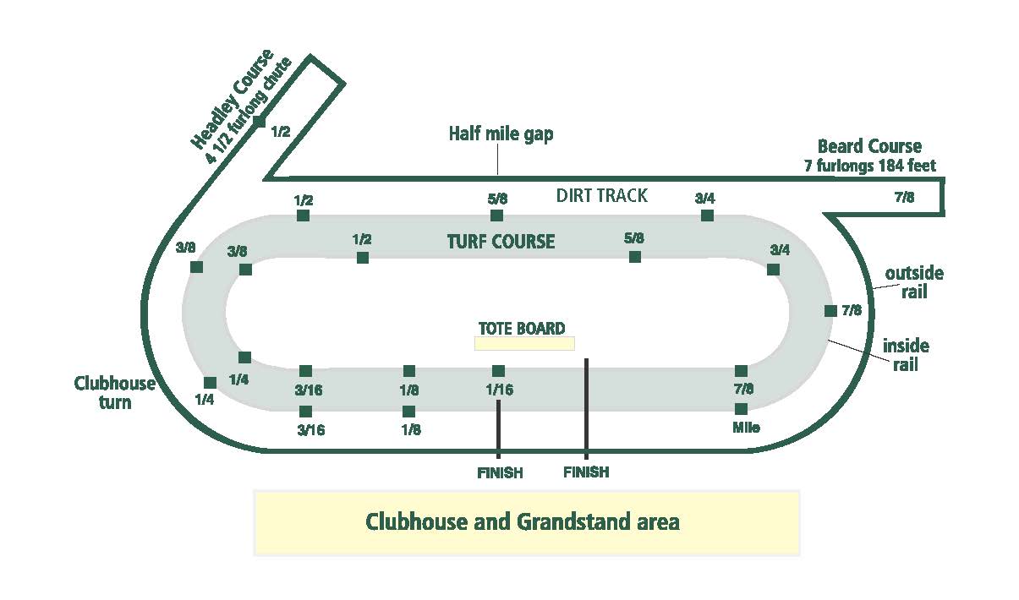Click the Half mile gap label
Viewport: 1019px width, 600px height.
[x=501, y=134]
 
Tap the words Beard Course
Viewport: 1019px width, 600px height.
[x=869, y=147]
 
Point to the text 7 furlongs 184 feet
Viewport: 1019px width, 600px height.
[x=869, y=166]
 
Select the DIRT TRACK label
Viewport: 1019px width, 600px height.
[x=601, y=196]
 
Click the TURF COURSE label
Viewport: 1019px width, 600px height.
[x=501, y=242]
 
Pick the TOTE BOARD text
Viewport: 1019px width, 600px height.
[x=522, y=329]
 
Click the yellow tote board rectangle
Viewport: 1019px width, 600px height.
[x=524, y=343]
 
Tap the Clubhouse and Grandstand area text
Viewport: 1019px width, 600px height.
[x=522, y=521]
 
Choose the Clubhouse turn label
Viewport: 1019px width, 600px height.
[x=115, y=393]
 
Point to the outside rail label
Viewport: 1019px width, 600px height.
[x=914, y=282]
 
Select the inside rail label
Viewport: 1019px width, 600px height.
[x=906, y=355]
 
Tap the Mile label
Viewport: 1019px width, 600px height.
[x=745, y=428]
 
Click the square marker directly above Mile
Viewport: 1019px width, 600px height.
[x=741, y=409]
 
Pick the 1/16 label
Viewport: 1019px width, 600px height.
[x=498, y=390]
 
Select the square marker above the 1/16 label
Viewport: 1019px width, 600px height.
[x=498, y=371]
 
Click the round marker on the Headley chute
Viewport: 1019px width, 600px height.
[x=259, y=122]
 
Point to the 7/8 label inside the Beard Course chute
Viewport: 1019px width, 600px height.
[x=903, y=198]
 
